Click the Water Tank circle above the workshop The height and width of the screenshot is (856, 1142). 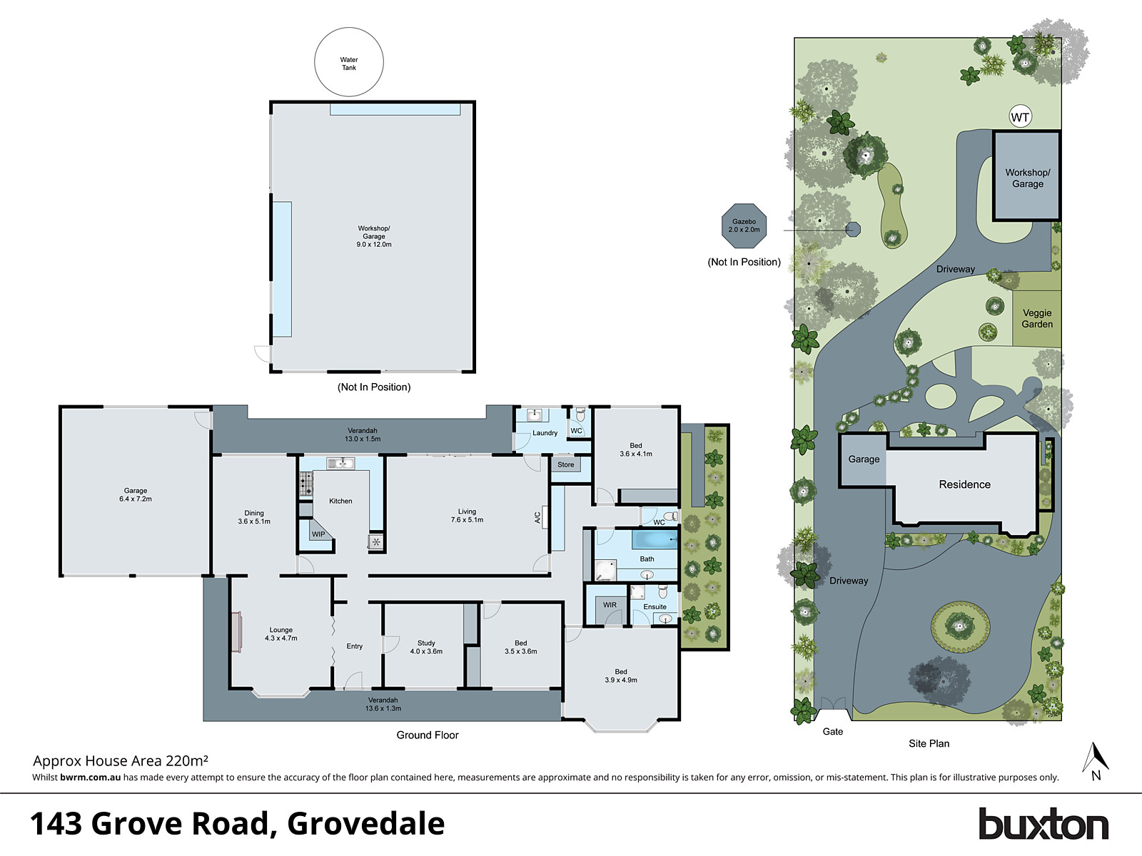point(349,63)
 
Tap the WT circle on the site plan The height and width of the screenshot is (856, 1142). point(1020,117)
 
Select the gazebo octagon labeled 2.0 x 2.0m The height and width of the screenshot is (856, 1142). point(744,225)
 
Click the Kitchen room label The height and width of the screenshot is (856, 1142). point(340,501)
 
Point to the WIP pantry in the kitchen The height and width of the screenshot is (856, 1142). point(318,534)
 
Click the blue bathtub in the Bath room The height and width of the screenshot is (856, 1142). point(654,539)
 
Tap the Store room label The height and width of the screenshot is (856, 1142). point(565,465)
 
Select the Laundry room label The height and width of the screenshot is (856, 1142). point(545,433)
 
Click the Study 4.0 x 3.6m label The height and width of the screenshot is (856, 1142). point(426,647)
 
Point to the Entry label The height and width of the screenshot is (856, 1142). point(355,646)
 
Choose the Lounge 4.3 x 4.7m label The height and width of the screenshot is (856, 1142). point(281,634)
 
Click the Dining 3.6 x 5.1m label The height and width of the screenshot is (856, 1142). point(254,517)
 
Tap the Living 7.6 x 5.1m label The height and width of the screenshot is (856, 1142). point(467,516)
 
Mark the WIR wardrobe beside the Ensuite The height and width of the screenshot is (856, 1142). point(610,605)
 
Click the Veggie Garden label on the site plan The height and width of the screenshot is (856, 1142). point(1037,318)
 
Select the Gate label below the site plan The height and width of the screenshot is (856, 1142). point(833,731)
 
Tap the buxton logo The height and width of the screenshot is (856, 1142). point(1043,825)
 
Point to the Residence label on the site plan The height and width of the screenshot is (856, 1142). point(964,484)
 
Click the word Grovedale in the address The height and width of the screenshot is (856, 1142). point(366,824)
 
